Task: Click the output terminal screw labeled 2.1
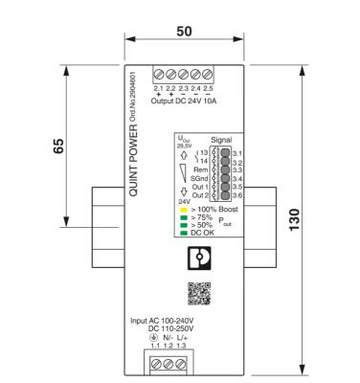point(159,75)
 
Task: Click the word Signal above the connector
point(220,139)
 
